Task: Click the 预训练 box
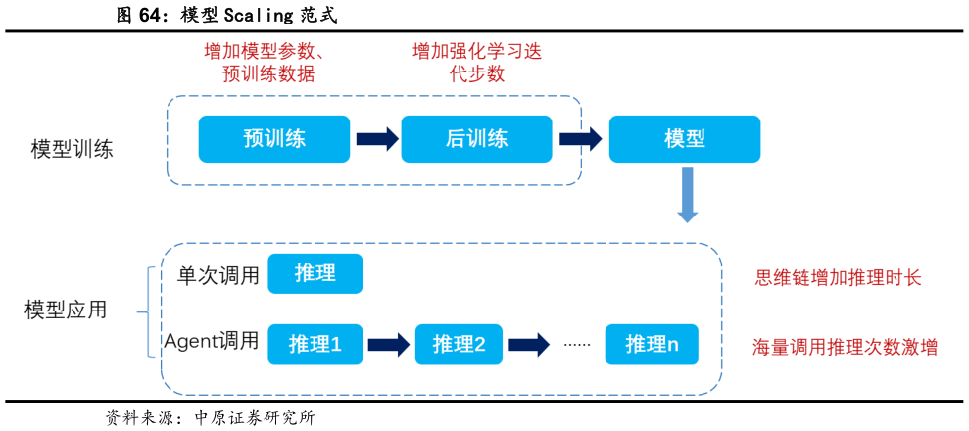[x=273, y=139]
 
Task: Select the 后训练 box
[x=476, y=139]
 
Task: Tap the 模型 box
[x=684, y=139]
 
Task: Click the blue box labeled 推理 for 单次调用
[x=315, y=274]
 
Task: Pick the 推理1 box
[x=315, y=344]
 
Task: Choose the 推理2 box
[x=459, y=344]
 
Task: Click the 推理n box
[x=652, y=344]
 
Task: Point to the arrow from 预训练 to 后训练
[x=376, y=139]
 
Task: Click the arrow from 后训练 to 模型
[x=580, y=139]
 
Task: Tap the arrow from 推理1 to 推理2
[x=388, y=344]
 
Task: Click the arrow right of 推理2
[x=528, y=344]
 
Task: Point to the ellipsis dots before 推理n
[x=577, y=345]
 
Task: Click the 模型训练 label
[x=73, y=150]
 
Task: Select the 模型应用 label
[x=66, y=311]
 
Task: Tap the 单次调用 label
[x=218, y=275]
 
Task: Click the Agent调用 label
[x=212, y=341]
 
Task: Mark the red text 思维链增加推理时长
[x=838, y=278]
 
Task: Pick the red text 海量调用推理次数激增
[x=845, y=347]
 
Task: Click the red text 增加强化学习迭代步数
[x=477, y=62]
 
